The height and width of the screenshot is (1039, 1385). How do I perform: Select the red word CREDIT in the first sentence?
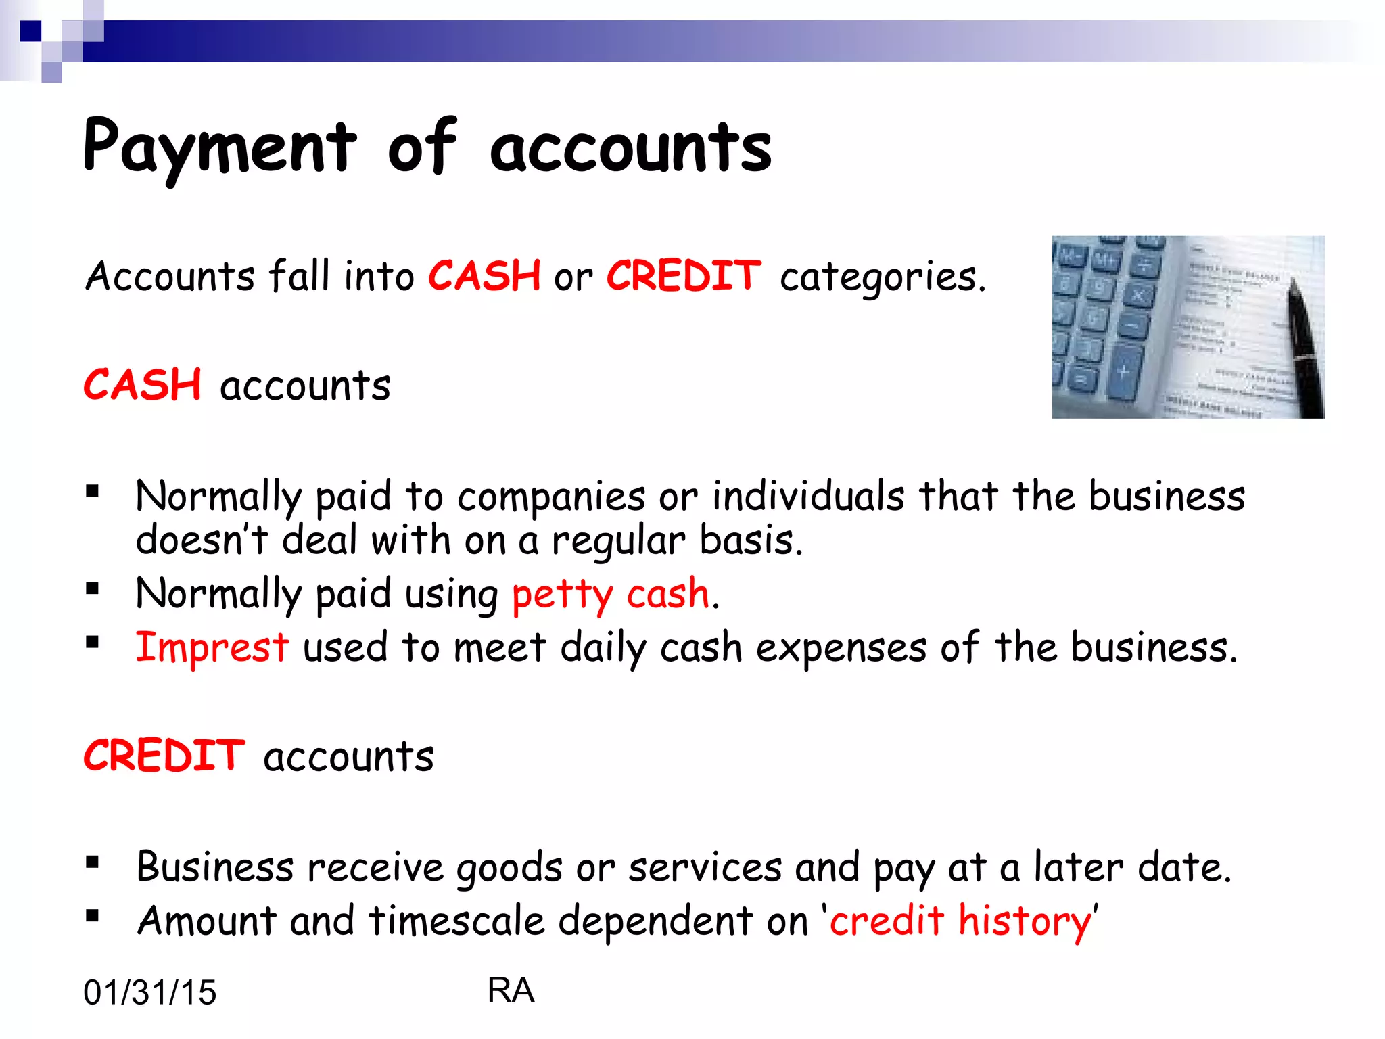684,276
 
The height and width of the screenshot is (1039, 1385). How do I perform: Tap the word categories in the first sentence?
882,277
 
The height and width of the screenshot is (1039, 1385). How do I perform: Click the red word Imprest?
212,647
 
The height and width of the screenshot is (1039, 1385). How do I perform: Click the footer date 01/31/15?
149,992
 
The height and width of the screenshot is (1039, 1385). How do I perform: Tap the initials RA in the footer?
511,990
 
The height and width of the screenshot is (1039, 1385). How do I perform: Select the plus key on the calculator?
1123,371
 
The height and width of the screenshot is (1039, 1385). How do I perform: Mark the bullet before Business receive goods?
93,862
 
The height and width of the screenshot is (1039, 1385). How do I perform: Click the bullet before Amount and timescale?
93,917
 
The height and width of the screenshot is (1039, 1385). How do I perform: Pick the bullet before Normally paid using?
93,588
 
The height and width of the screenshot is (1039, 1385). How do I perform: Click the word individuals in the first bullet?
808,496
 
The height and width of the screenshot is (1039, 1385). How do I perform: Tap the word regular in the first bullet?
618,541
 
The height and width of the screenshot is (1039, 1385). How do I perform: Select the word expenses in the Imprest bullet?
841,648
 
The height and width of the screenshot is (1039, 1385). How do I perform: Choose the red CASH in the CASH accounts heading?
143,386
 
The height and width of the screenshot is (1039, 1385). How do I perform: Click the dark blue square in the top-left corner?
30,31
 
